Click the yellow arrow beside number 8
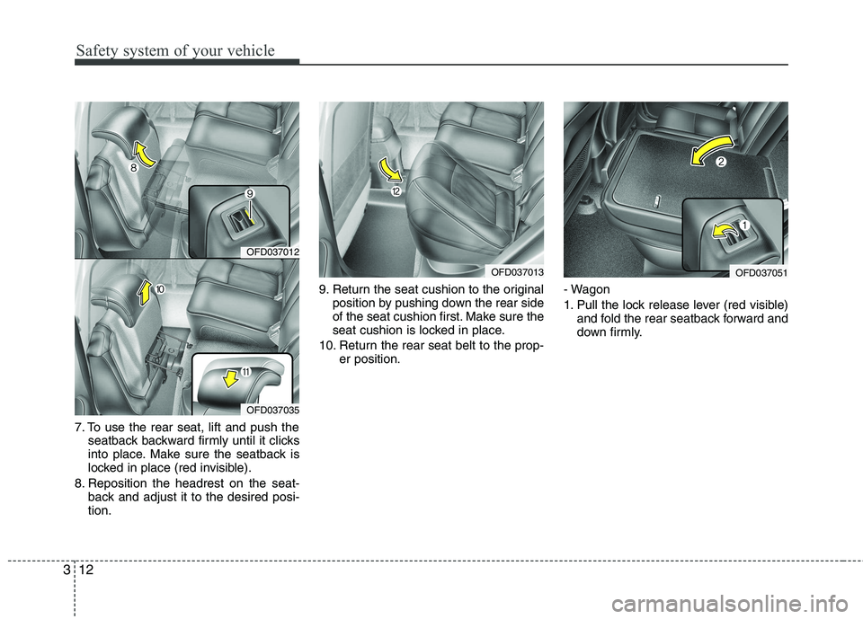[x=146, y=154]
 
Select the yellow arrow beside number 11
[x=232, y=377]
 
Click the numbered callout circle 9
[x=251, y=193]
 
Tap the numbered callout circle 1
[x=743, y=224]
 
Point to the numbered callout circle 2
[x=721, y=163]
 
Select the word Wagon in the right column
[x=592, y=290]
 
